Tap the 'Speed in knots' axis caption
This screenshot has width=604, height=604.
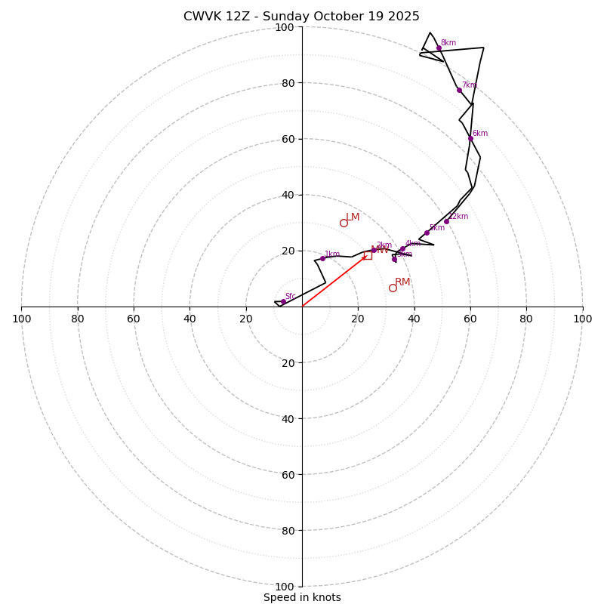[x=302, y=597]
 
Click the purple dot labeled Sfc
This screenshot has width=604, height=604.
[x=283, y=301]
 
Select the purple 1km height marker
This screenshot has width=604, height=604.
[x=322, y=258]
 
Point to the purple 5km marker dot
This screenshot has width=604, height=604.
[x=427, y=233]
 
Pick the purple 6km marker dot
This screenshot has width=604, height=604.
[x=470, y=138]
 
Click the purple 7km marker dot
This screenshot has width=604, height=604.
[x=459, y=90]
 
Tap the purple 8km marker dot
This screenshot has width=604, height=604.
[x=439, y=48]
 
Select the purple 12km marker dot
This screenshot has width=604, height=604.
[x=446, y=221]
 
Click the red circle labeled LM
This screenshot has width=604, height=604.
[x=344, y=223]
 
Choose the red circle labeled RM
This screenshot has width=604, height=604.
[x=393, y=288]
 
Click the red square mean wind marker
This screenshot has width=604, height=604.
[x=368, y=255]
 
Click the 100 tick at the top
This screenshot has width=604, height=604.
[x=285, y=27]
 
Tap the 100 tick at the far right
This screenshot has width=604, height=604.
[x=582, y=319]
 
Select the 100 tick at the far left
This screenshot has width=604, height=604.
[x=22, y=319]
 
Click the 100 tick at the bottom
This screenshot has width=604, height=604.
[x=285, y=586]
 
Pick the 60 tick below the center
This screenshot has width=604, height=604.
[x=287, y=474]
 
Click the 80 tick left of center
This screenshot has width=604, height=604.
[x=78, y=319]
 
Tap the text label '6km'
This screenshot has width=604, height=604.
[x=480, y=134]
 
